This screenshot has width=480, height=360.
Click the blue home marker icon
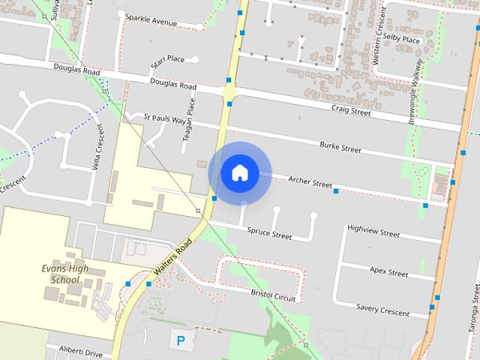(x=239, y=172)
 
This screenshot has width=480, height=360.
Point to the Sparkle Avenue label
(x=151, y=20)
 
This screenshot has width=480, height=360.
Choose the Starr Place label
(x=167, y=59)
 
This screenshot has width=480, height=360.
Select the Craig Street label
(x=351, y=110)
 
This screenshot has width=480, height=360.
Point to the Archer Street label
(x=310, y=182)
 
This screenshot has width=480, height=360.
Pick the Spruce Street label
(x=269, y=234)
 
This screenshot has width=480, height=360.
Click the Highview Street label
(x=373, y=232)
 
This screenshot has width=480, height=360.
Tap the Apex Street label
(x=388, y=271)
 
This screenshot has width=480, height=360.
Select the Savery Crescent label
(x=382, y=310)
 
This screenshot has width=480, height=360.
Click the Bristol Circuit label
(x=273, y=295)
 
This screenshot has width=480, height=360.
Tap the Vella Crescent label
(x=98, y=147)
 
